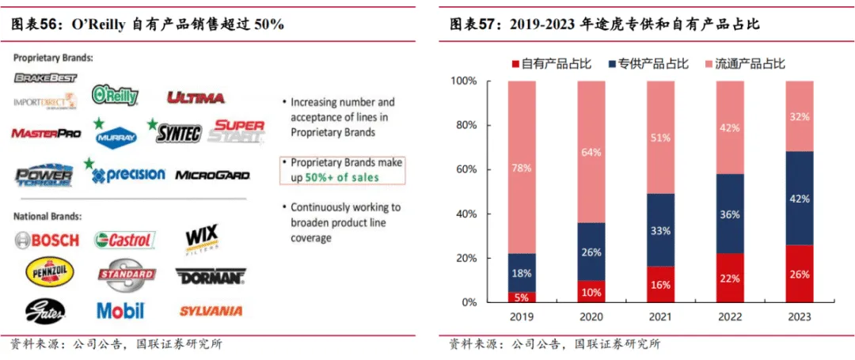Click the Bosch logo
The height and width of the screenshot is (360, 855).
pos(47,240)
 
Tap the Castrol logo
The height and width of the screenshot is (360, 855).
pos(124,240)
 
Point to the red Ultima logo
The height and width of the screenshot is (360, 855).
pos(196,97)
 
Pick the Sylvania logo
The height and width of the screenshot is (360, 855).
pos(211,311)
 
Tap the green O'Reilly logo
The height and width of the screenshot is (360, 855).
pos(115,96)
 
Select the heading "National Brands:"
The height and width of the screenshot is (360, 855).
pos(47,216)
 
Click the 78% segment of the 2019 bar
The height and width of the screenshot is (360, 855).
pos(522,167)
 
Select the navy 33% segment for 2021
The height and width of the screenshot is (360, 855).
pos(661,230)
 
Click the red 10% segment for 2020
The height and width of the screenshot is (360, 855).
pos(591,291)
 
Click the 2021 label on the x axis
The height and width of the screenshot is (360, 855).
pos(661,317)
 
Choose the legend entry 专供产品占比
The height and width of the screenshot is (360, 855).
pos(648,64)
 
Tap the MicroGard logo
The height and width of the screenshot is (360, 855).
pos(212,175)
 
